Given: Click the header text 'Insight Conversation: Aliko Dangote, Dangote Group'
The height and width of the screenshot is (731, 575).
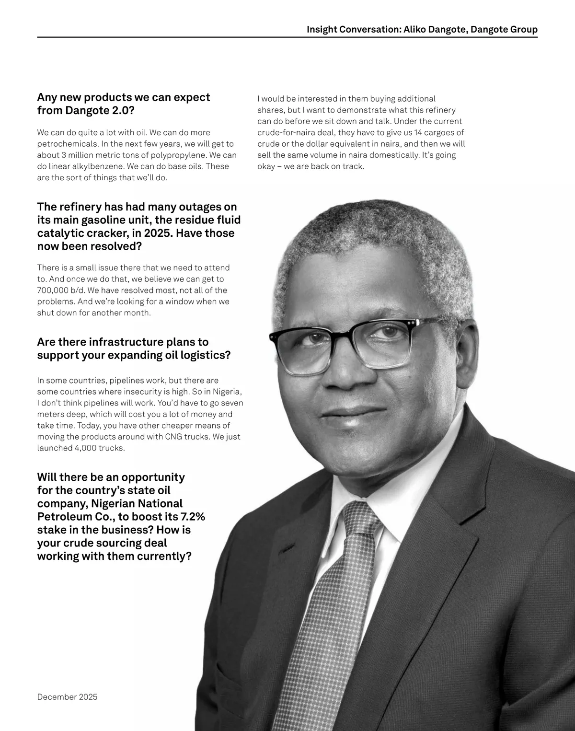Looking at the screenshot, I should (422, 30).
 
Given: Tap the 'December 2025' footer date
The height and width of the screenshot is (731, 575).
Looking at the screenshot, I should (67, 696).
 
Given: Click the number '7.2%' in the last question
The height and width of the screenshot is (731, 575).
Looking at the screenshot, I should (192, 517).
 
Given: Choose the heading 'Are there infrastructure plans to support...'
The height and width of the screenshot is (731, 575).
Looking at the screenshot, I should (134, 348).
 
